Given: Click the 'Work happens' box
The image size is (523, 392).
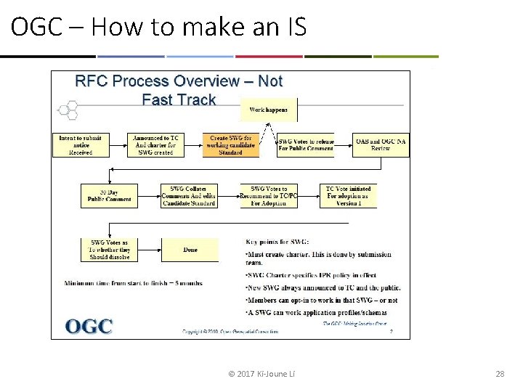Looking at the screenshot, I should click(269, 110).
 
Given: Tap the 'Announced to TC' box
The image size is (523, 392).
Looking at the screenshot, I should click(155, 145).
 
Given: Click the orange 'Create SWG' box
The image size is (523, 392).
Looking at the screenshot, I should click(230, 145).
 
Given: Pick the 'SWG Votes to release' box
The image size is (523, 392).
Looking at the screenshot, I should click(306, 145).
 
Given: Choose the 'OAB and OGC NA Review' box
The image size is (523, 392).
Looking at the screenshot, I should click(381, 145).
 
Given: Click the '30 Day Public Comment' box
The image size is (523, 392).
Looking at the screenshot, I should click(109, 196).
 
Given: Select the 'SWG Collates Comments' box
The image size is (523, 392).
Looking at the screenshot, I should click(188, 196).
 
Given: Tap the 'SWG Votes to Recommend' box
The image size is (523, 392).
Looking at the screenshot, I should click(269, 196).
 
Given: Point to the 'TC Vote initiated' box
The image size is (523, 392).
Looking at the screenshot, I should click(348, 196).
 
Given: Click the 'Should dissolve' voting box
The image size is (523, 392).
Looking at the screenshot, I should click(109, 250).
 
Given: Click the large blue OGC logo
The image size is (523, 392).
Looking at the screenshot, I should click(89, 326).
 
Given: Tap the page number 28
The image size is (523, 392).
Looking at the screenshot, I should click(499, 374).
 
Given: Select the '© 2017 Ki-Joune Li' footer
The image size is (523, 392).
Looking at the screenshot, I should click(261, 374).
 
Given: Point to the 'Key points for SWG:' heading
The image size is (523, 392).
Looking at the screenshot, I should click(277, 241).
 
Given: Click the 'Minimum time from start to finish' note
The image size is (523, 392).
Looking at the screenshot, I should click(133, 283).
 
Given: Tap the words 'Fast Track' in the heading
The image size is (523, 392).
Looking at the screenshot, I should click(179, 99).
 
